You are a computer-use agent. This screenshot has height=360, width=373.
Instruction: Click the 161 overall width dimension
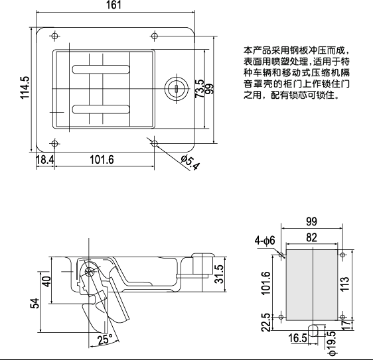113,6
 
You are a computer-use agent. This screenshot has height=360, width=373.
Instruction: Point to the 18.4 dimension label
44,160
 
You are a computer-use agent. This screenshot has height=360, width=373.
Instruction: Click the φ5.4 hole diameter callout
190,161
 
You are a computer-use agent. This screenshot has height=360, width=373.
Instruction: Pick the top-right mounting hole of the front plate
155,35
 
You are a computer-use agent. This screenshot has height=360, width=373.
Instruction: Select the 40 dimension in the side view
46,280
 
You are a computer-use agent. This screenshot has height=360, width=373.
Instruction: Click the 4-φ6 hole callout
267,241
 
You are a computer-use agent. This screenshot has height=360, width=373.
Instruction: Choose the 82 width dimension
311,237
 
